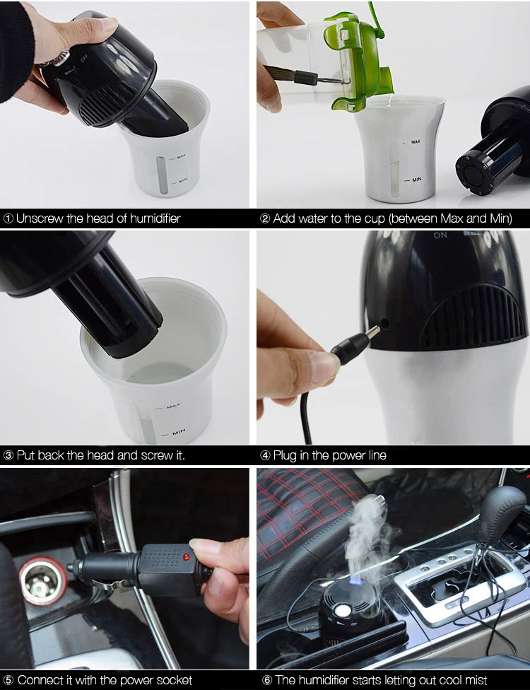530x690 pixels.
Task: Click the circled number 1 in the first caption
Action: pos(8,218)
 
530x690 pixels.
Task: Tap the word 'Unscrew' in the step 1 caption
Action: pos(40,218)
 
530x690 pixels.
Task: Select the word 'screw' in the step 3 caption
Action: pos(158,455)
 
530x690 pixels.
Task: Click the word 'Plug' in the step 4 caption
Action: pos(285,455)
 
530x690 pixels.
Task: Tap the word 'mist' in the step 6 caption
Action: pos(475,680)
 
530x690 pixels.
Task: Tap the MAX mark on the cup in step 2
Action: pos(416,141)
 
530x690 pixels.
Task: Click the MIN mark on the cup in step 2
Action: pos(416,179)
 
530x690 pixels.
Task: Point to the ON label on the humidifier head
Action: pos(440,235)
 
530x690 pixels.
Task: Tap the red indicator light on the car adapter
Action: pos(187,557)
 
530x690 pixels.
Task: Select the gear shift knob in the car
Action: pos(502,510)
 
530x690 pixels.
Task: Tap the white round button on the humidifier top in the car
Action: pos(340,610)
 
